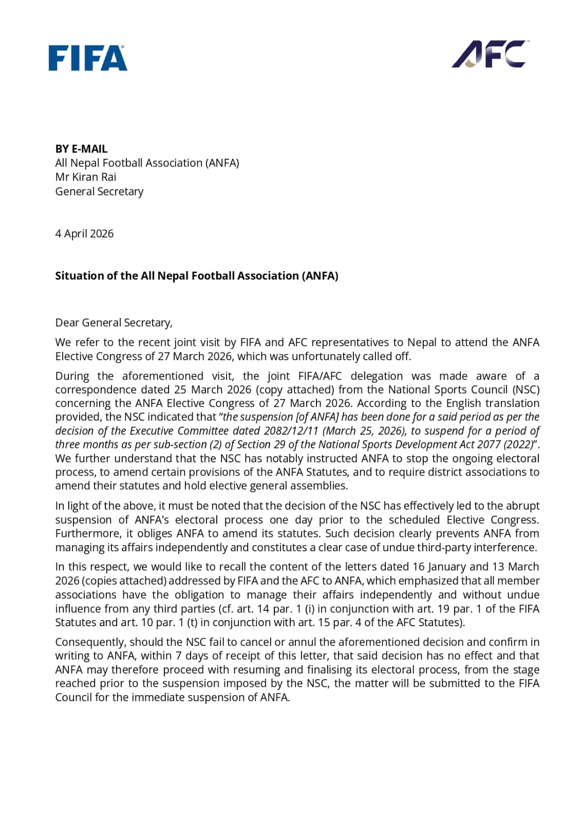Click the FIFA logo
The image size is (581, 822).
tap(88, 58)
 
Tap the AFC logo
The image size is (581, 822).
tap(490, 54)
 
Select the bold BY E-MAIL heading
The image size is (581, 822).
tap(81, 149)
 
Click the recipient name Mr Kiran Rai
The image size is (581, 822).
tap(86, 177)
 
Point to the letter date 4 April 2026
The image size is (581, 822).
tap(84, 234)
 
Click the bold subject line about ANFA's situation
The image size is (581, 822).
tap(196, 276)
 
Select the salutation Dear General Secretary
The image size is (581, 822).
tap(114, 323)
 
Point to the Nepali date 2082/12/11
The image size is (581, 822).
tap(291, 431)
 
